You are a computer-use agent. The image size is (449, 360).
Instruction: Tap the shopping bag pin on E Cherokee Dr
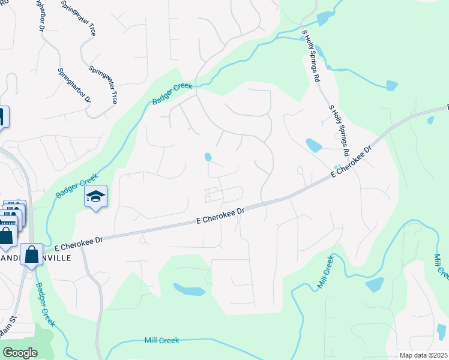pyautogui.click(x=31, y=254)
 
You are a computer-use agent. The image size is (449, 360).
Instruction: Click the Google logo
pyautogui.click(x=20, y=353)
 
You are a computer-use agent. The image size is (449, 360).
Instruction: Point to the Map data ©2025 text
pyautogui.click(x=423, y=355)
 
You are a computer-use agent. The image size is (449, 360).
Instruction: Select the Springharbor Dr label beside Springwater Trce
pyautogui.click(x=74, y=84)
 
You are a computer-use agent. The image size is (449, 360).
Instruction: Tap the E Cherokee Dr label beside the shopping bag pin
pyautogui.click(x=79, y=243)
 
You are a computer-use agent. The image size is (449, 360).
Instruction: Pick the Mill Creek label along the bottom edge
pyautogui.click(x=161, y=340)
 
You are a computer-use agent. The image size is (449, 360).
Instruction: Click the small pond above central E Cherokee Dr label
pyautogui.click(x=208, y=157)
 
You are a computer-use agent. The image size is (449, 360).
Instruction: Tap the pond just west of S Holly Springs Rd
pyautogui.click(x=313, y=145)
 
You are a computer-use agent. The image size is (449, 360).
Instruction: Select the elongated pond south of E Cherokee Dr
pyautogui.click(x=188, y=290)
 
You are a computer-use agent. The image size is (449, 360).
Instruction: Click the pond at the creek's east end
pyautogui.click(x=392, y=85)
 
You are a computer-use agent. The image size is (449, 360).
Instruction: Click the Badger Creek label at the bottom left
pyautogui.click(x=44, y=304)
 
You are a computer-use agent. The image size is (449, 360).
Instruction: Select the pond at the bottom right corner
pyautogui.click(x=441, y=331)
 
